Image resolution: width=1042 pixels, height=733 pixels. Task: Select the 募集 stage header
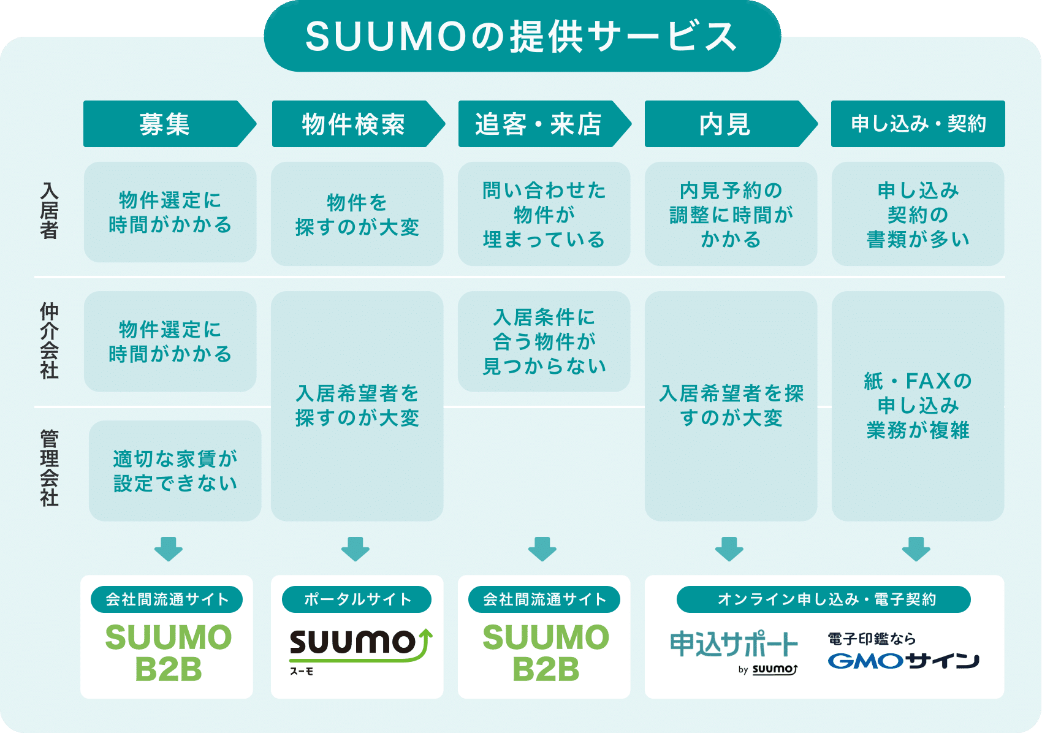[x=170, y=124]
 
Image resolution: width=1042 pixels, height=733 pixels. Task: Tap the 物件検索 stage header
[x=358, y=124]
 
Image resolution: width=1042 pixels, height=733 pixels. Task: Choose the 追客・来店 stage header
[x=545, y=124]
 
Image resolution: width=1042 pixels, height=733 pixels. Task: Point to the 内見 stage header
[x=731, y=124]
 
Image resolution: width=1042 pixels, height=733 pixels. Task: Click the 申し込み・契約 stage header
[x=918, y=124]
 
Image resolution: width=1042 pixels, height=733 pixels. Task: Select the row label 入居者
[x=49, y=210]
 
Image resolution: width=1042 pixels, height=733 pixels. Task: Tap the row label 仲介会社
[x=49, y=341]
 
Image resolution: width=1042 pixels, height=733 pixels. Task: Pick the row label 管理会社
[x=49, y=468]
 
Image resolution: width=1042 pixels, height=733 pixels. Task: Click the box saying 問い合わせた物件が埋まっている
[x=544, y=214]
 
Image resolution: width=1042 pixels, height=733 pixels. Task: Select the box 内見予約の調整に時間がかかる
[x=731, y=214]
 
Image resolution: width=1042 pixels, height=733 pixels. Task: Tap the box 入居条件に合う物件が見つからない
[x=544, y=341]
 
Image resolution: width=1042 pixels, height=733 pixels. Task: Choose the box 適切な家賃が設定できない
[x=175, y=471]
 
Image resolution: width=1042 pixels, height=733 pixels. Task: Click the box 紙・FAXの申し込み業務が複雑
[x=918, y=406]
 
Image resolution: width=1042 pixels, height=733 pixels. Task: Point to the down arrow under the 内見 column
[x=729, y=549]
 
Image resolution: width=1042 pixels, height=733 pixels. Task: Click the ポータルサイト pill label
[x=357, y=599]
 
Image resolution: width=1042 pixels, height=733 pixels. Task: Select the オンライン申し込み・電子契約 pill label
[x=824, y=599]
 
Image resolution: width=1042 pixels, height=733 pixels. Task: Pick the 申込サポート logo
[x=734, y=651]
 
